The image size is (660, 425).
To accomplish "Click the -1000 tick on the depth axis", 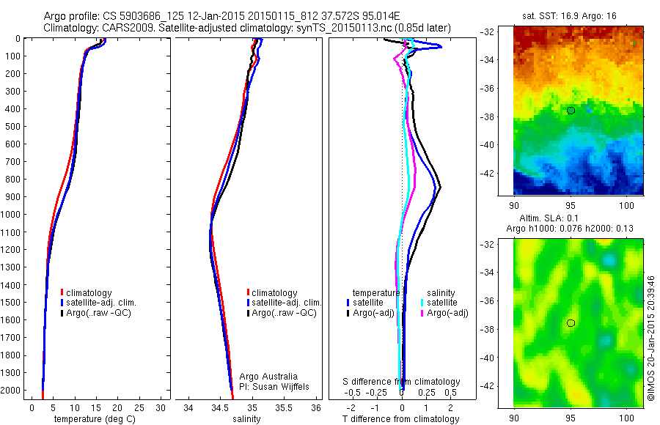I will pyautogui.click(x=12, y=215).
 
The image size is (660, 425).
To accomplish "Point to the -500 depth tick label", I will pyautogui.click(x=12, y=127).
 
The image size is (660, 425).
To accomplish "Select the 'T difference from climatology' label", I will pyautogui.click(x=400, y=419).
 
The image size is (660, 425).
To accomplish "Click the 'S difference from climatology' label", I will pyautogui.click(x=402, y=382).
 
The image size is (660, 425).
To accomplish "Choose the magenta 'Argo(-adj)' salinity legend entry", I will pyautogui.click(x=447, y=313).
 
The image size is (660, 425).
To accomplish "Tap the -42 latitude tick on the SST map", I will pyautogui.click(x=502, y=386).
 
